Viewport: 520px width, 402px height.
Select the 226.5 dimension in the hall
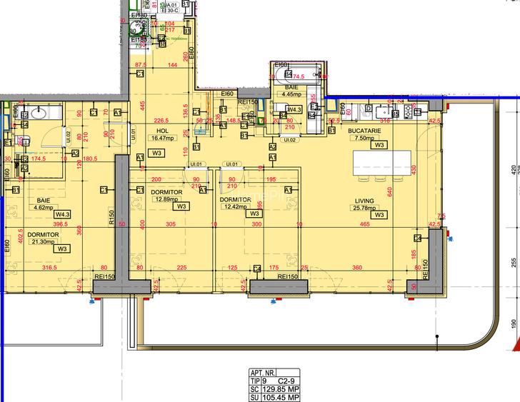tap(161, 121)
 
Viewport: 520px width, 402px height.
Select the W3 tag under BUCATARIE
tap(379, 145)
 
